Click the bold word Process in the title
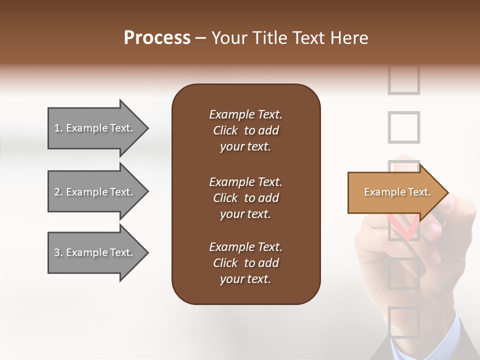(x=157, y=38)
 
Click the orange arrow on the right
(x=395, y=192)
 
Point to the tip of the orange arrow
(x=447, y=192)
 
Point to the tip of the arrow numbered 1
(x=147, y=128)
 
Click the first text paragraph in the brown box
(x=245, y=130)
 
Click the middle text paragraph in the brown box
(x=245, y=198)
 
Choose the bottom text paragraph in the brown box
(x=245, y=263)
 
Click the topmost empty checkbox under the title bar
(x=403, y=80)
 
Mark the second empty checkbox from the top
(x=403, y=127)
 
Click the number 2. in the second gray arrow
(x=58, y=192)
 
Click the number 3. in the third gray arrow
(x=58, y=252)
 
